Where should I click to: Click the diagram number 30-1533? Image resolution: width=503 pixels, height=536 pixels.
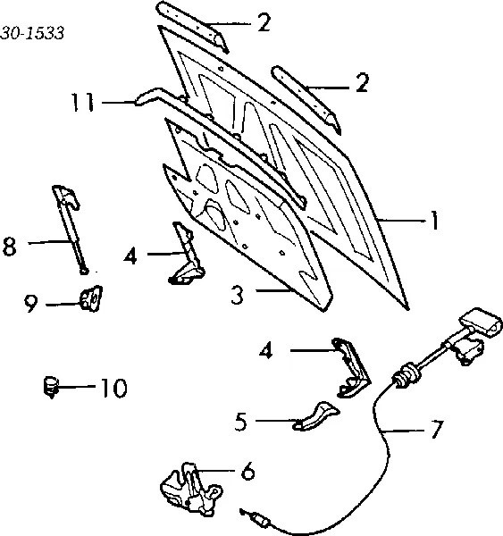32,34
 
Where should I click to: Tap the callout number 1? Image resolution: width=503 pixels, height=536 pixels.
434,221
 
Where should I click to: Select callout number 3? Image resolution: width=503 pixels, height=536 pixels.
237,294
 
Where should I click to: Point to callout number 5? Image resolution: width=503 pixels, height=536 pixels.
240,421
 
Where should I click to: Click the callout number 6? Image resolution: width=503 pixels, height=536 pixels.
247,471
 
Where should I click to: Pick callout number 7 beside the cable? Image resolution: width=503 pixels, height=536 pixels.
437,429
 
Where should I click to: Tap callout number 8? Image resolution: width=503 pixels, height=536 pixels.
9,247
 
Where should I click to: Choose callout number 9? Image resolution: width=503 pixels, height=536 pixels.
31,304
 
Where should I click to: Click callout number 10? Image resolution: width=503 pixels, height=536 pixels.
113,389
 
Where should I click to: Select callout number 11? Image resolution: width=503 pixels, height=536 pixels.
82,102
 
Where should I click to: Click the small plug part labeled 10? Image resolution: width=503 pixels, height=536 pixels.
51,387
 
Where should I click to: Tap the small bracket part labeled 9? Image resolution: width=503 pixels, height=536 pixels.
90,298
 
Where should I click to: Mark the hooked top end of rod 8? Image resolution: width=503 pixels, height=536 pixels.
67,197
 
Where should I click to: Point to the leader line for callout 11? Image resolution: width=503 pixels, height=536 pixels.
118,102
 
